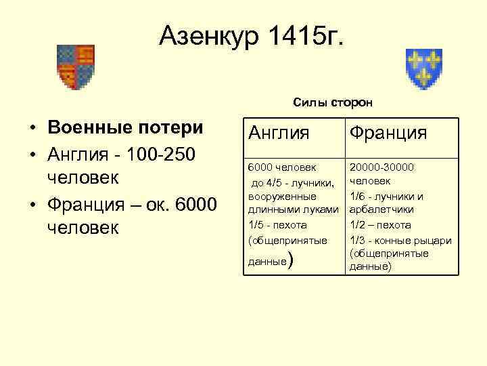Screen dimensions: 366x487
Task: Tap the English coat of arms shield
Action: pyautogui.click(x=75, y=66)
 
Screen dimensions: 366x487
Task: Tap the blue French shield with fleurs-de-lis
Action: pyautogui.click(x=423, y=68)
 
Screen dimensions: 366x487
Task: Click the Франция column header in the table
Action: pyautogui.click(x=388, y=133)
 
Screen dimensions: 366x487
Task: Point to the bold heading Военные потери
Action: pyautogui.click(x=125, y=128)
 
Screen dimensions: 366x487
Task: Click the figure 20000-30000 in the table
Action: pyautogui.click(x=382, y=167)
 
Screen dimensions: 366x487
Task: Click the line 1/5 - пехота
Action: pyautogui.click(x=277, y=225)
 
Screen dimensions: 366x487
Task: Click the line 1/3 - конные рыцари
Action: pyautogui.click(x=399, y=240)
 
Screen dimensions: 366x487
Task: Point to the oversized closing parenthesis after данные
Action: pyautogui.click(x=290, y=260)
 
